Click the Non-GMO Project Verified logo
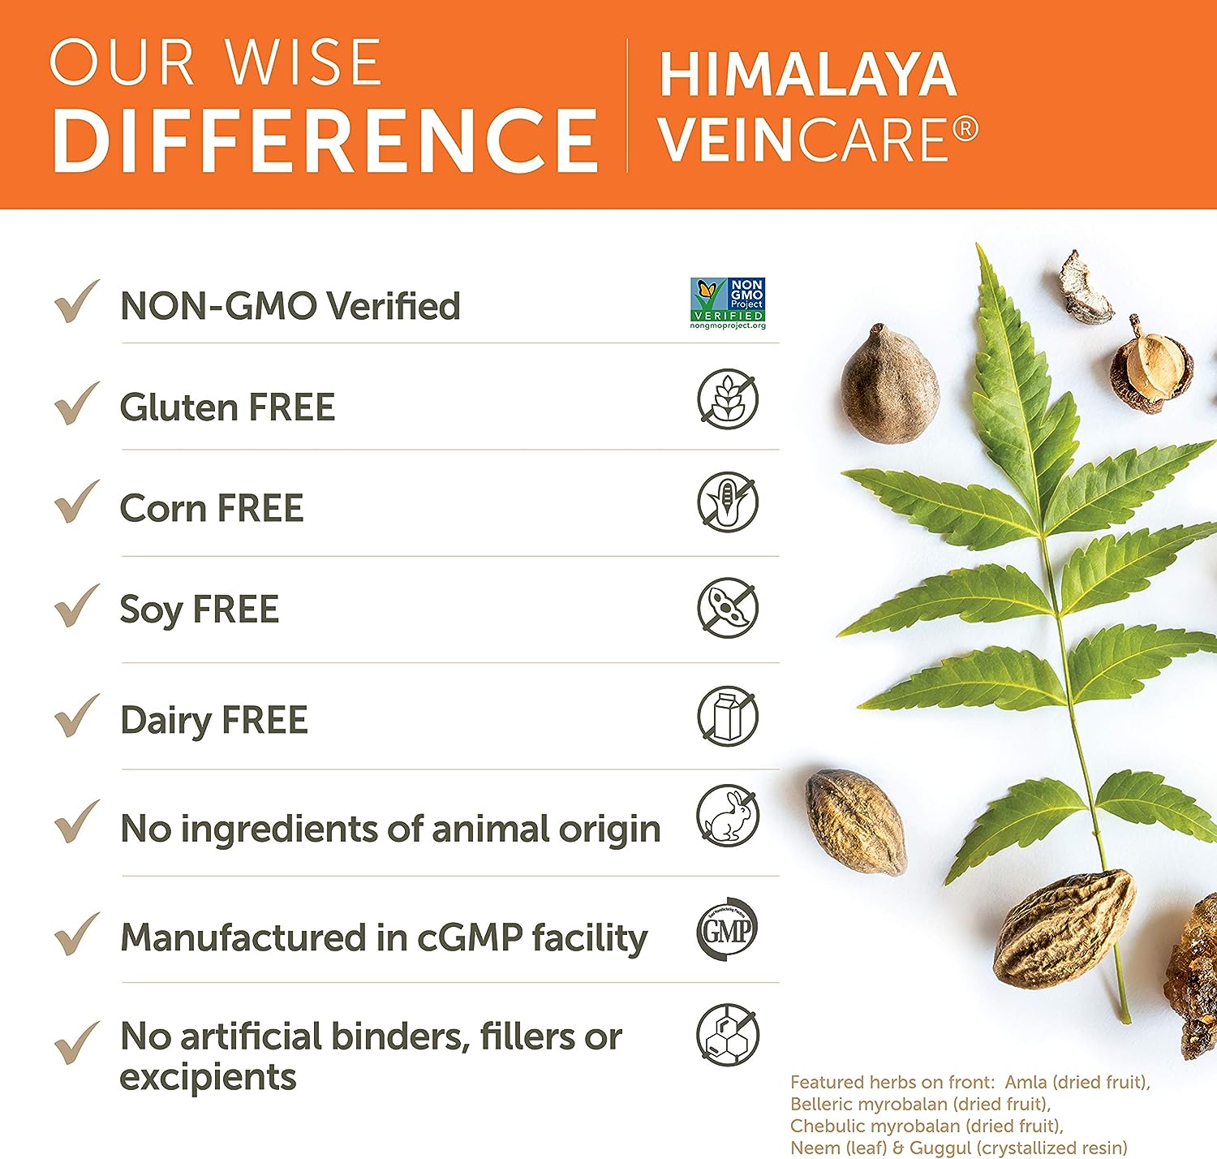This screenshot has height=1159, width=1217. click(x=728, y=304)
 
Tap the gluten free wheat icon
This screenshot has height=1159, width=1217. click(x=728, y=399)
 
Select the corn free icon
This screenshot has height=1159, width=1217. click(x=728, y=502)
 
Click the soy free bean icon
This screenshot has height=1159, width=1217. click(x=728, y=607)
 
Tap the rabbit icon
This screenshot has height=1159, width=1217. click(x=728, y=816)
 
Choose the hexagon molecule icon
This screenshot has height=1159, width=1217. click(x=728, y=1034)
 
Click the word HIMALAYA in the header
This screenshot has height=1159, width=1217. click(x=807, y=75)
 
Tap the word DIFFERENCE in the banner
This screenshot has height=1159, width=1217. click(x=325, y=140)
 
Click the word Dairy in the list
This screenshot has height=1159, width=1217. click(x=166, y=721)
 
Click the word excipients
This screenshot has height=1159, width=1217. click(x=208, y=1078)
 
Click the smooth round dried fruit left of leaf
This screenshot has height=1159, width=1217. click(x=889, y=384)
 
